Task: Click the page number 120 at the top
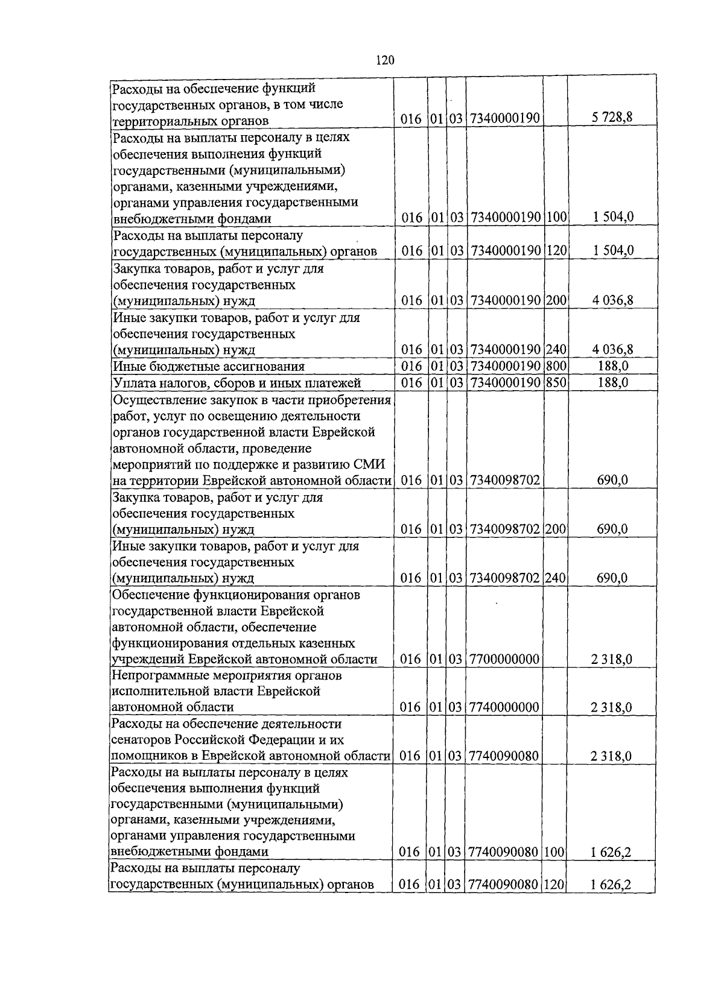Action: click(384, 59)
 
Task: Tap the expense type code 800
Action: click(556, 367)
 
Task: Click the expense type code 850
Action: click(556, 383)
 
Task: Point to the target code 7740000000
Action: click(504, 707)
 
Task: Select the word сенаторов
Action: click(141, 740)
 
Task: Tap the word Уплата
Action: click(133, 383)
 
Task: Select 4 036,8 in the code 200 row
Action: click(612, 300)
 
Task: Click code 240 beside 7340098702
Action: click(556, 578)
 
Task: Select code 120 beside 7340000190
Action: click(556, 251)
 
